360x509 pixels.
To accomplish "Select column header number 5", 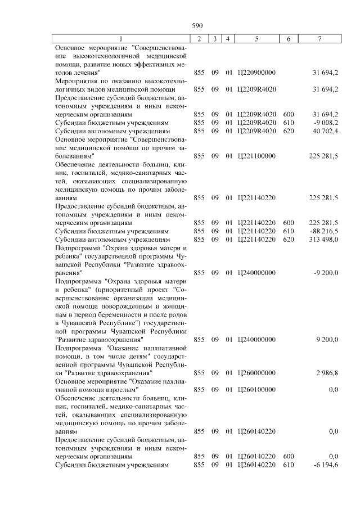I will [x=256, y=38].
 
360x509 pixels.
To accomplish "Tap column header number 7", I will [x=319, y=38].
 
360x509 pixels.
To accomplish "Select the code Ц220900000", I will [x=257, y=73].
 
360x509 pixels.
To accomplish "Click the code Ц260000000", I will [x=257, y=372].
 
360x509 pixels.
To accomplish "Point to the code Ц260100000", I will [x=257, y=389].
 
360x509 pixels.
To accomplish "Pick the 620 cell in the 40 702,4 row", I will [x=288, y=130].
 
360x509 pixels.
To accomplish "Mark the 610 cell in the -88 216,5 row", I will [x=288, y=231].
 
